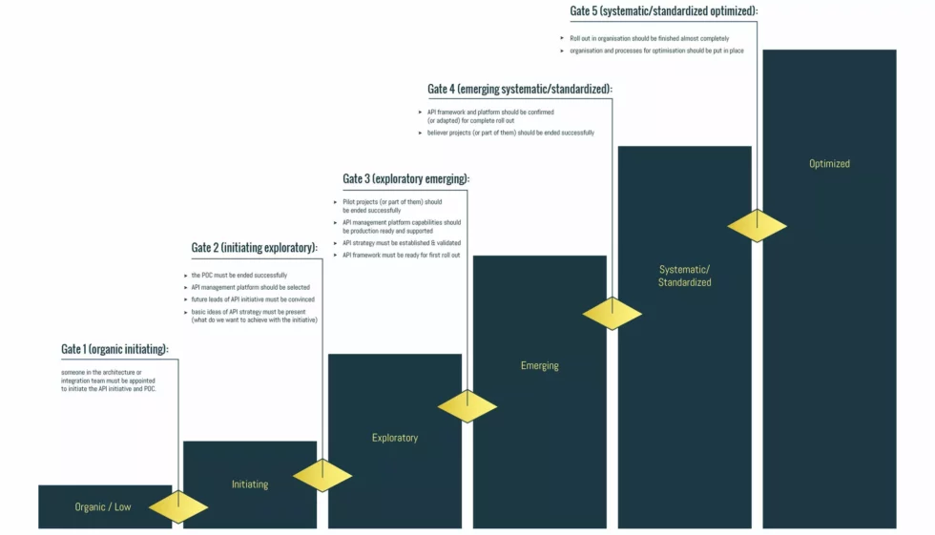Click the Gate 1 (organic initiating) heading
[114, 350]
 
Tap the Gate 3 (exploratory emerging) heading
[406, 179]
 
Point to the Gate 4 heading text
[520, 90]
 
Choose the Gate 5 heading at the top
[664, 11]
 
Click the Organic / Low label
[103, 507]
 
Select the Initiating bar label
[250, 484]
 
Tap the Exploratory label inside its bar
[395, 439]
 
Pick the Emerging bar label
[540, 366]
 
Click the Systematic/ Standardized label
[685, 276]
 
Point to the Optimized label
[829, 164]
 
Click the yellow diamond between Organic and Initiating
[178, 506]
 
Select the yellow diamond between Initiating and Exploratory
[322, 475]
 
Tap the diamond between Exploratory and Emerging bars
[467, 406]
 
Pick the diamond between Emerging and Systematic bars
[613, 314]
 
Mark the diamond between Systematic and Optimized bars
[758, 226]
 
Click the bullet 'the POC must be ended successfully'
[239, 276]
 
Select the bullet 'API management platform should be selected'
[250, 287]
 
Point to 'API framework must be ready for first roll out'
[401, 255]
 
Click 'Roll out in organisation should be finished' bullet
[649, 38]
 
